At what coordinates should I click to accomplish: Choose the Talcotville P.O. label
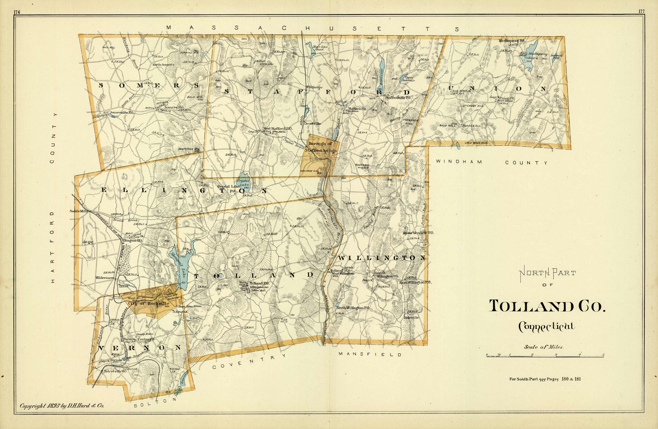pos(115,372)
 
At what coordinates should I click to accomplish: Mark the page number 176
pos(17,12)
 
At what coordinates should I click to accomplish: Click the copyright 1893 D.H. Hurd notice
pos(62,406)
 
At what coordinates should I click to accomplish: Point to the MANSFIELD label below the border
pos(370,354)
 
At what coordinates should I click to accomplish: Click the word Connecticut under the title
pos(547,327)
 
